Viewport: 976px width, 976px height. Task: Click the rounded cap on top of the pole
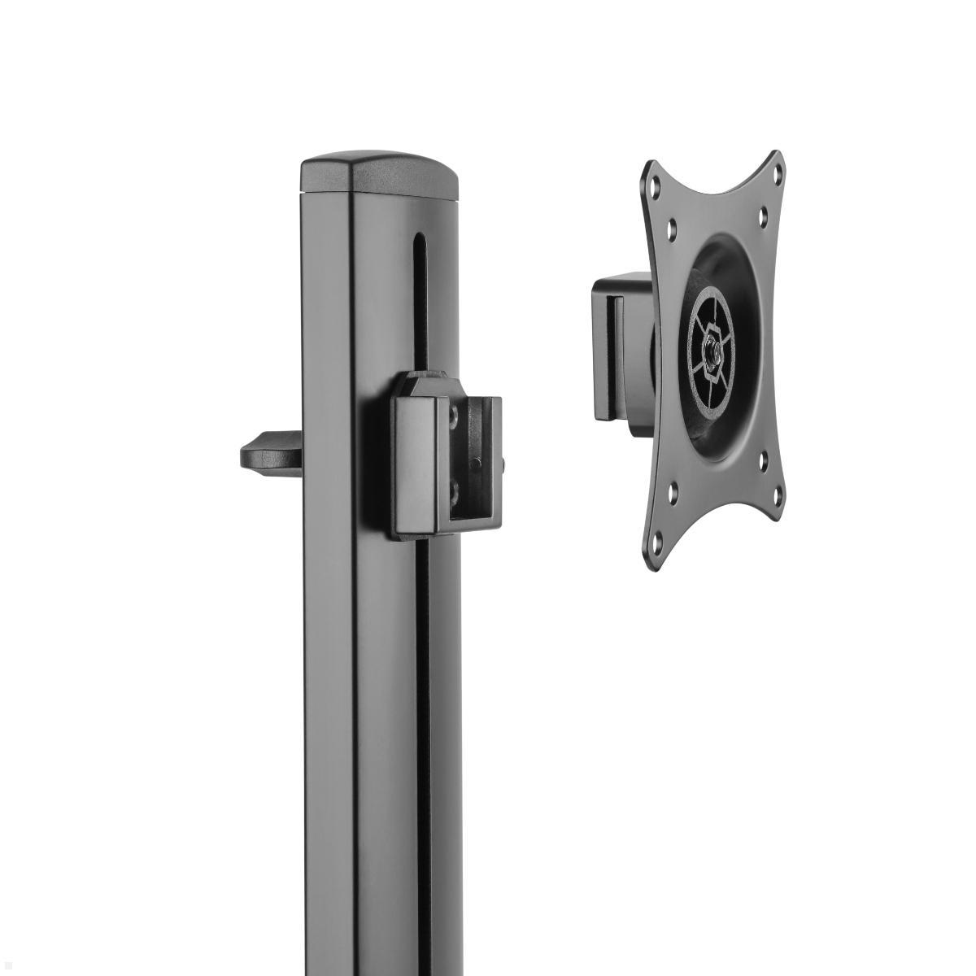(379, 174)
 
